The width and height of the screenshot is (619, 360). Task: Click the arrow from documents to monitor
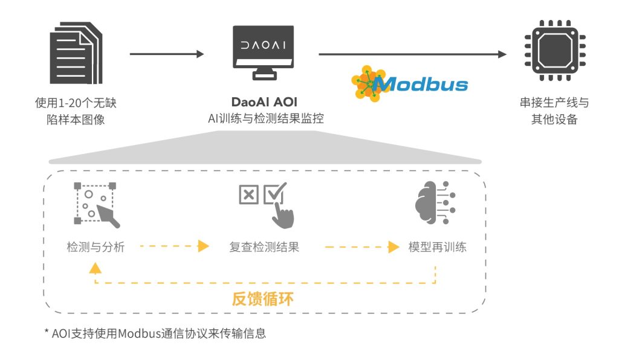point(167,54)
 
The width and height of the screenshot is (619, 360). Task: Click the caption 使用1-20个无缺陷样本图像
point(75,111)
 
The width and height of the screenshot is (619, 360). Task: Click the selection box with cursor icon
point(96,205)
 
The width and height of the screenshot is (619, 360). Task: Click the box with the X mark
point(248,194)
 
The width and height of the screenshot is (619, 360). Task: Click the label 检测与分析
point(96,247)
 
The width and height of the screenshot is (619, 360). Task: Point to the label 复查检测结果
point(264,247)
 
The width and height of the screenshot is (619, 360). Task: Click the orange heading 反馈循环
point(264,298)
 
